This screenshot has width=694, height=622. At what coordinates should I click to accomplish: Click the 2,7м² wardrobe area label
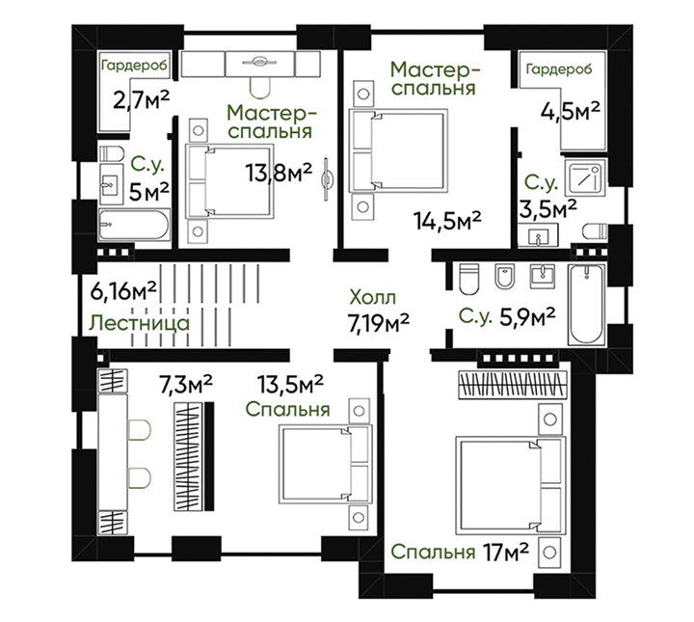[141, 100]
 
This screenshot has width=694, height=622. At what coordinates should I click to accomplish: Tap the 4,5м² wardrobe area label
[571, 111]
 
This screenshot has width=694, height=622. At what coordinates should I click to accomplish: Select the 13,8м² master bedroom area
[280, 173]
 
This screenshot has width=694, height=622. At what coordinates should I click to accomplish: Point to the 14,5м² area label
[447, 220]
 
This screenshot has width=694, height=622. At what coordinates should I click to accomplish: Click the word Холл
[372, 297]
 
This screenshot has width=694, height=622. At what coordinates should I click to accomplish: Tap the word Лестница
[140, 323]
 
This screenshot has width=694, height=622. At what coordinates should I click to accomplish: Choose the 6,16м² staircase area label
[123, 291]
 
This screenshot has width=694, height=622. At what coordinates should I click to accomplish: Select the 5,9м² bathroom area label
[527, 316]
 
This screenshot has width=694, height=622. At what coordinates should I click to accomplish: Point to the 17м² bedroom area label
[506, 552]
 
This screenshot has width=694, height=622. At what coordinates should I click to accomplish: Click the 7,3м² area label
[186, 384]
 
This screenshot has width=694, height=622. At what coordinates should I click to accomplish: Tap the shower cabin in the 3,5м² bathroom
[585, 177]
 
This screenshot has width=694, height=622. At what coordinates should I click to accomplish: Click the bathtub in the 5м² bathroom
[134, 225]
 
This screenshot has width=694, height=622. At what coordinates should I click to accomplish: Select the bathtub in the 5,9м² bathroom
[586, 304]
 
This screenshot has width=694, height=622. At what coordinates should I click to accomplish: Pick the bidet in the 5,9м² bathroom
[503, 276]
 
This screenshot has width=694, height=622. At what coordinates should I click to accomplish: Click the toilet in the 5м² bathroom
[112, 153]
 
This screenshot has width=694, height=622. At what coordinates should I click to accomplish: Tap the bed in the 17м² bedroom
[511, 485]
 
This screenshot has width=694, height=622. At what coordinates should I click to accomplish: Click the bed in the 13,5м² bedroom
[326, 464]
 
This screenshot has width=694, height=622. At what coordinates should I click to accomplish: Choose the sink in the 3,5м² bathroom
[538, 234]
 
